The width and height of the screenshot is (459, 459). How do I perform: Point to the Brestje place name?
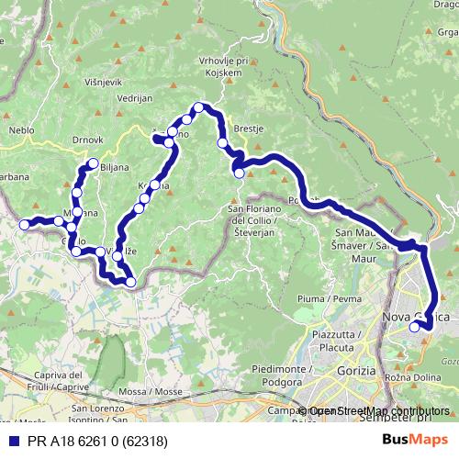click(249, 129)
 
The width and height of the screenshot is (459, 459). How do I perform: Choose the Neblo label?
click(21, 130)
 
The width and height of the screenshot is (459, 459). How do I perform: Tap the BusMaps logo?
click(415, 440)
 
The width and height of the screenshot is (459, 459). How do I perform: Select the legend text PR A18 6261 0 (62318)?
click(90, 440)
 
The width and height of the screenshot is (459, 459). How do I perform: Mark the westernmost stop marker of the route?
click(25, 224)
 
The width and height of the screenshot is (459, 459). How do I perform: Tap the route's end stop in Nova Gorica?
click(415, 326)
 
